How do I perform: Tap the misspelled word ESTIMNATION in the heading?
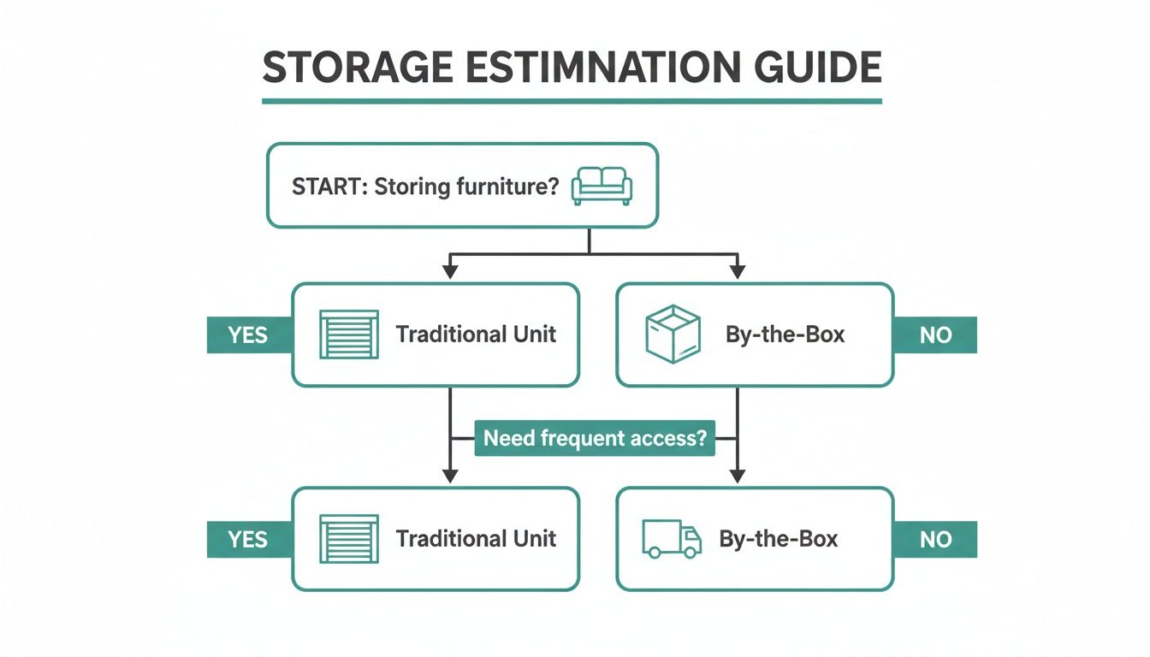pos(589,68)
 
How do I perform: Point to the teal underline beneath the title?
pos(572,101)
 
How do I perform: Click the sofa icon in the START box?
pos(602,186)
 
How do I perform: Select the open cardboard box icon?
pos(672,334)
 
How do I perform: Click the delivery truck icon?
pos(672,539)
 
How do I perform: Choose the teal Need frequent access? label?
pos(595,439)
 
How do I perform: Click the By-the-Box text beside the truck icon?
pos(778,539)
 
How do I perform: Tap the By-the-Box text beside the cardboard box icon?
pos(785,334)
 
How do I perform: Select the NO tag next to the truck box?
pos(934,540)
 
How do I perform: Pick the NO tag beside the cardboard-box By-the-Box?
pos(934,335)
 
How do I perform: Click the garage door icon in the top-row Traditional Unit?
pos(348,334)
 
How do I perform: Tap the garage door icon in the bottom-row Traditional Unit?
pos(348,539)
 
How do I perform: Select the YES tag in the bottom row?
pos(248,540)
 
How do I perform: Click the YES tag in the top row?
pos(248,335)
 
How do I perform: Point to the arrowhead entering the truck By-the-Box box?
pos(738,476)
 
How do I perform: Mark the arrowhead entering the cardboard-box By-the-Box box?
pos(738,272)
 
